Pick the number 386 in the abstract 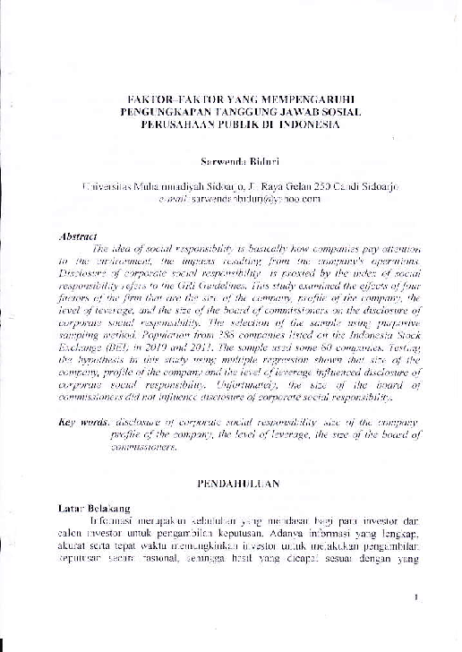232,331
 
